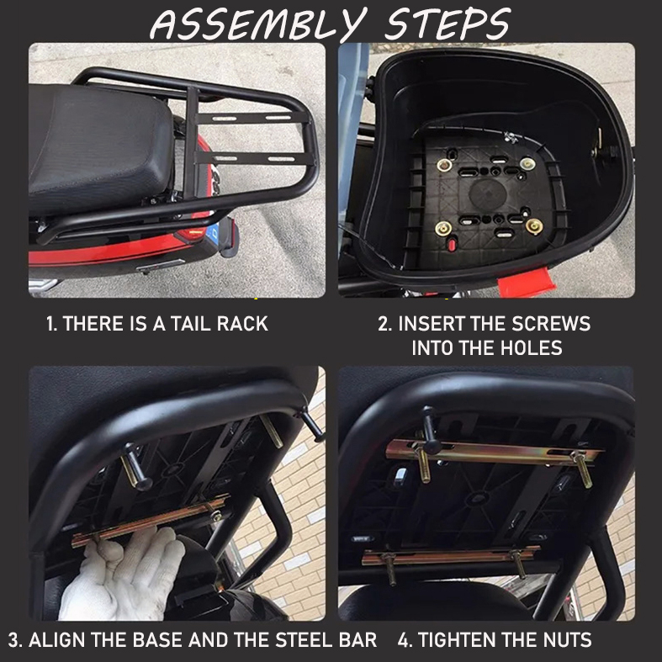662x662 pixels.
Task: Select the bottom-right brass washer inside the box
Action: pos(533,225)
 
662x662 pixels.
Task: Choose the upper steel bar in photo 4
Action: pos(496,453)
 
